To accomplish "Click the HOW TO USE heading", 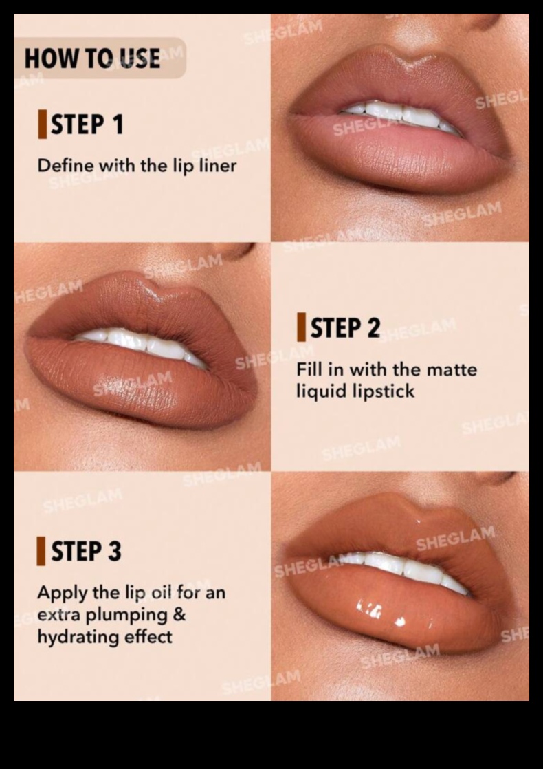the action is (x=92, y=58).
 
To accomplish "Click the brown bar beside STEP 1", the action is (x=43, y=124).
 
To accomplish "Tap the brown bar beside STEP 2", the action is (x=301, y=327).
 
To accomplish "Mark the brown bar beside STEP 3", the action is (x=41, y=551).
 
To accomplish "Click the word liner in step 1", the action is (x=218, y=166).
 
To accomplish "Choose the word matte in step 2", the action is (x=452, y=370).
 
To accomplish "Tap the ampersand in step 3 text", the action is (x=179, y=614).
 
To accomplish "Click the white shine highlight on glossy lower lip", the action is (x=400, y=621).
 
